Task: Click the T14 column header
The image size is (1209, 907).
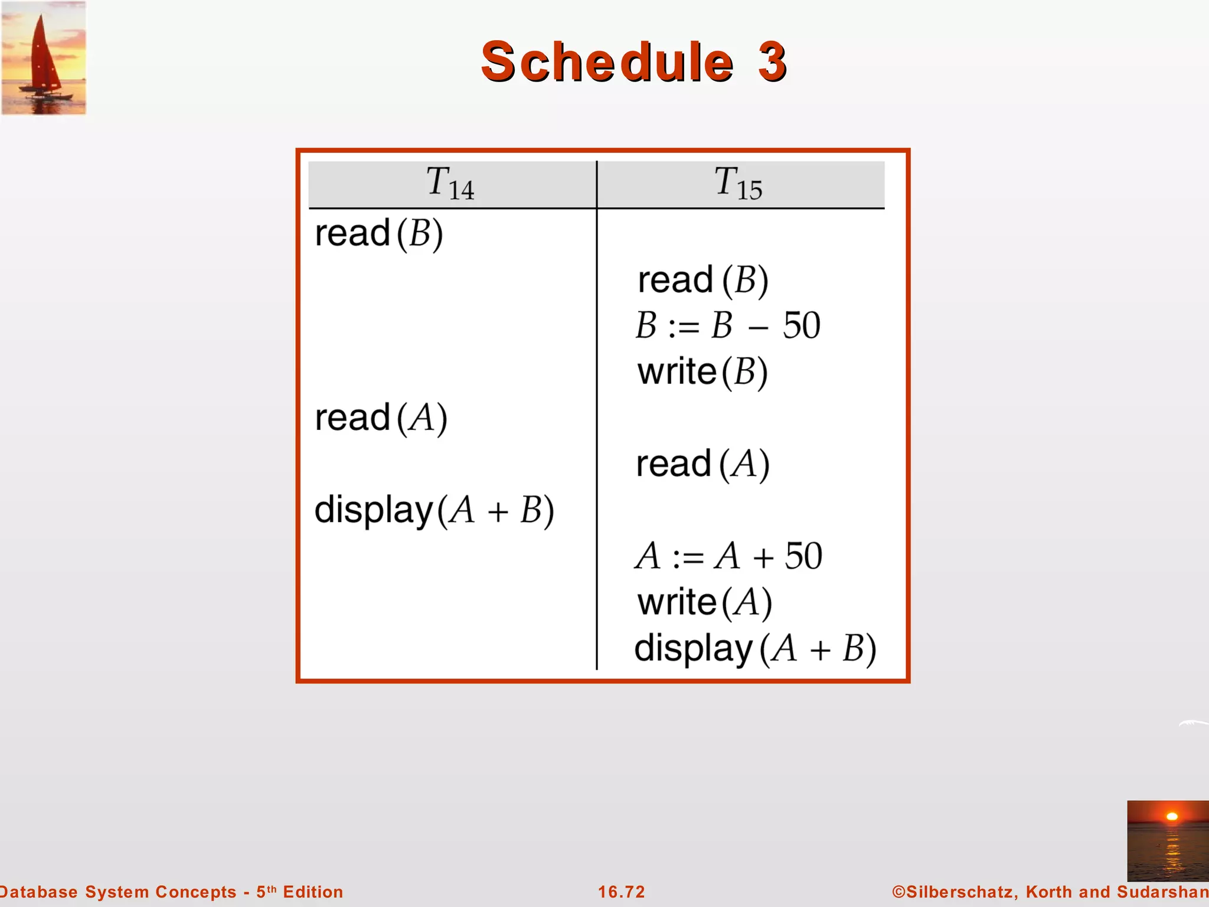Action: pyautogui.click(x=450, y=184)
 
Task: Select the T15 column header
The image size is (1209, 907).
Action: pyautogui.click(x=739, y=184)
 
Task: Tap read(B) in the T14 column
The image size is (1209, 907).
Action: pyautogui.click(x=379, y=233)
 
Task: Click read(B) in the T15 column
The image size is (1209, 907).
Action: pyautogui.click(x=703, y=280)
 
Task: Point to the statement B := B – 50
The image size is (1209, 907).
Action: pyautogui.click(x=728, y=325)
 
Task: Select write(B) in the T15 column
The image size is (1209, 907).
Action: pyautogui.click(x=702, y=372)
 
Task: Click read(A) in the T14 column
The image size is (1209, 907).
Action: pyautogui.click(x=381, y=418)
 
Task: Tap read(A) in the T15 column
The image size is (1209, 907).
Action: pyautogui.click(x=702, y=464)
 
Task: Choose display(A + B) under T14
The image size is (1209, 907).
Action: pyautogui.click(x=434, y=510)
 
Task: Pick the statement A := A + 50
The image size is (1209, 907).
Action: pyautogui.click(x=728, y=556)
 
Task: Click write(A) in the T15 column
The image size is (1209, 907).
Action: pyautogui.click(x=705, y=602)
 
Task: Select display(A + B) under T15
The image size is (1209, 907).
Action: pyautogui.click(x=755, y=648)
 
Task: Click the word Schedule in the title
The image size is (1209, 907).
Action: pyautogui.click(x=607, y=61)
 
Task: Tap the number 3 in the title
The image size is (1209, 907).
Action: pyautogui.click(x=772, y=61)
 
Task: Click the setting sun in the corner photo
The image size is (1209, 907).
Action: pyautogui.click(x=1172, y=817)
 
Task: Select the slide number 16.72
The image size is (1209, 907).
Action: pyautogui.click(x=622, y=892)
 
